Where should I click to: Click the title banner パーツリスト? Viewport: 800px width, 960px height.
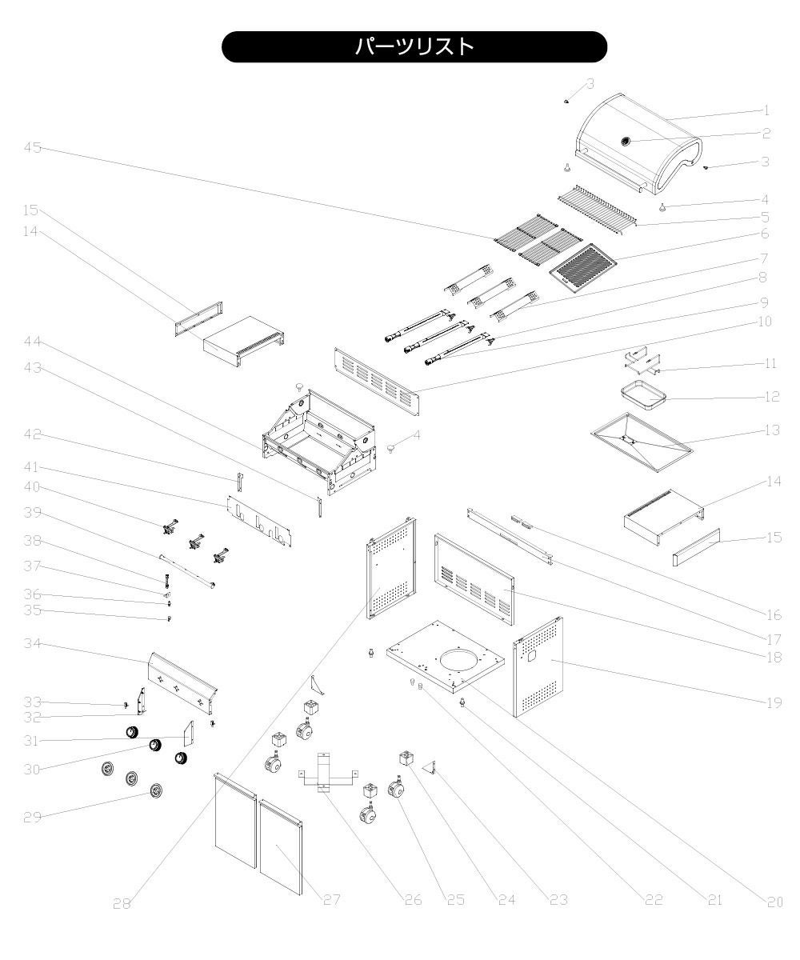(x=414, y=46)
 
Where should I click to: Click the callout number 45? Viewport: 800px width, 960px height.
(x=33, y=147)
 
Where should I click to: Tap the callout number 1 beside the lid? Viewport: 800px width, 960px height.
(x=765, y=110)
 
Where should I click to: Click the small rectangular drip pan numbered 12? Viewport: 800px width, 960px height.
(x=644, y=393)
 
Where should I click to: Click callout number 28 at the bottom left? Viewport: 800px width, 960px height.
(x=121, y=903)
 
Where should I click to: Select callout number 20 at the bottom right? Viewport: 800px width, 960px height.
(x=774, y=902)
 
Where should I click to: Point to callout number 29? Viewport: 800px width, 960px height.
(x=33, y=818)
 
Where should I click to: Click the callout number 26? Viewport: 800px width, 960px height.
(x=411, y=900)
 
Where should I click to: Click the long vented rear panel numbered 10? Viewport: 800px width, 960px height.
(x=376, y=375)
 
